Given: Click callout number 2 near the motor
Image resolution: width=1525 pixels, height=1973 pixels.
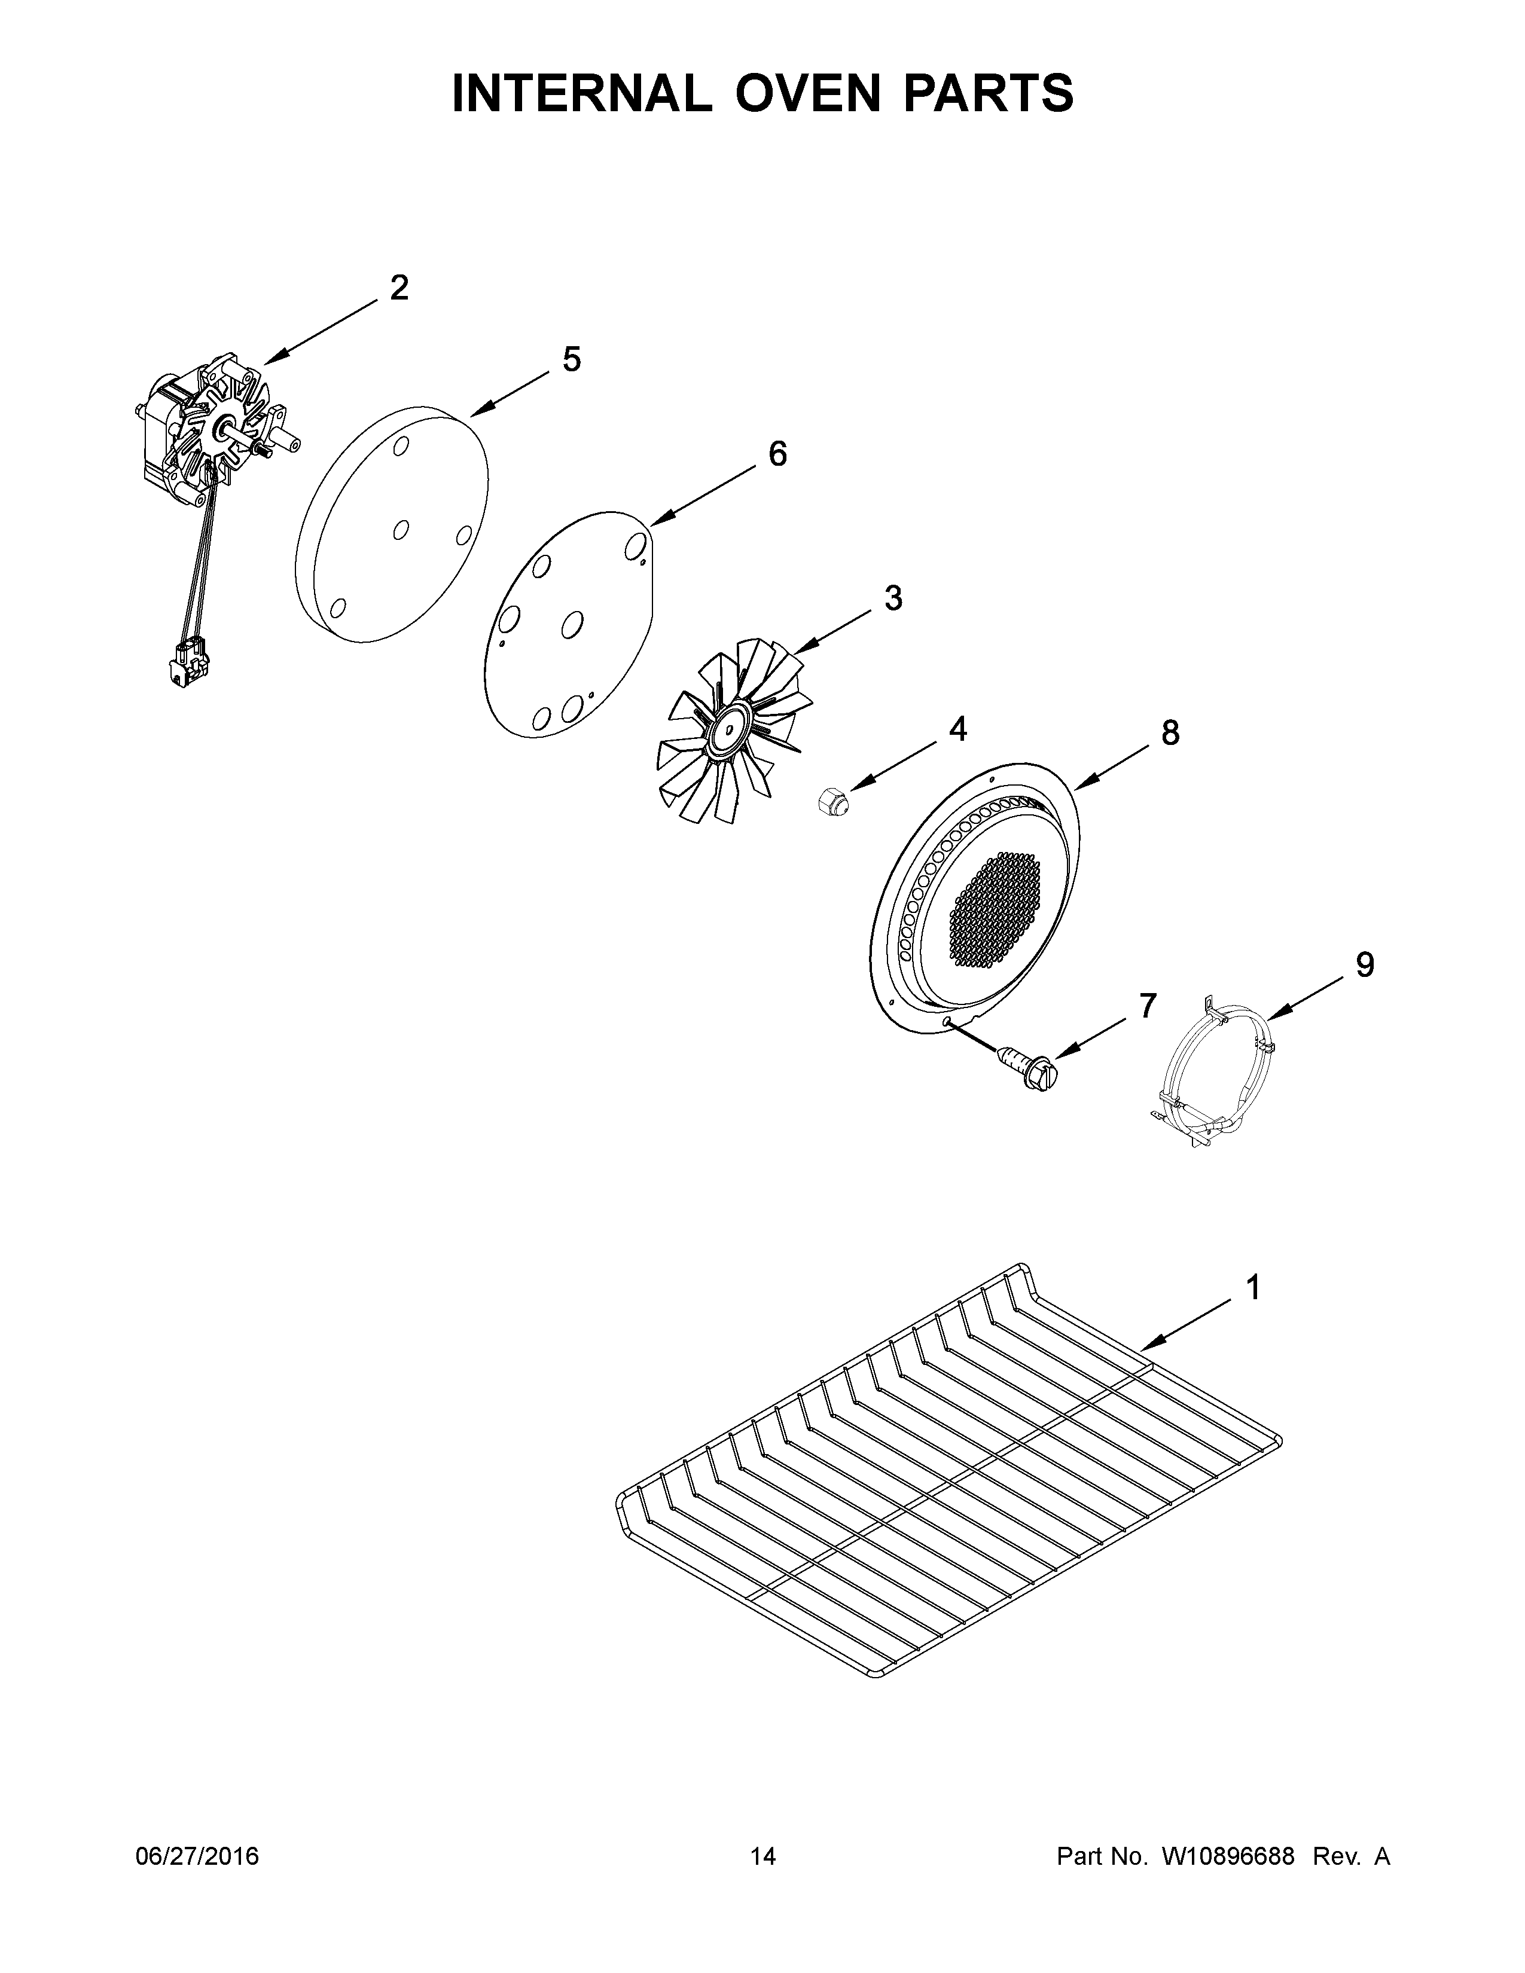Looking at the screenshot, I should tap(398, 288).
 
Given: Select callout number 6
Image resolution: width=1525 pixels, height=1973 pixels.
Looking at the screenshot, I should tap(777, 454).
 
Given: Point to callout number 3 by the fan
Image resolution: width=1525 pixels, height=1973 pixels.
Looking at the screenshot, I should tap(893, 598).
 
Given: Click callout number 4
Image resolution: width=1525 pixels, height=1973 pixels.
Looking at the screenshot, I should tap(957, 728).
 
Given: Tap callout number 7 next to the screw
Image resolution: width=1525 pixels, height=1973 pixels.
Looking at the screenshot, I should tap(1146, 1006).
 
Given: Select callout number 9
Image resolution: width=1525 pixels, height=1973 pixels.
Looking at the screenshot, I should tap(1364, 965).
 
